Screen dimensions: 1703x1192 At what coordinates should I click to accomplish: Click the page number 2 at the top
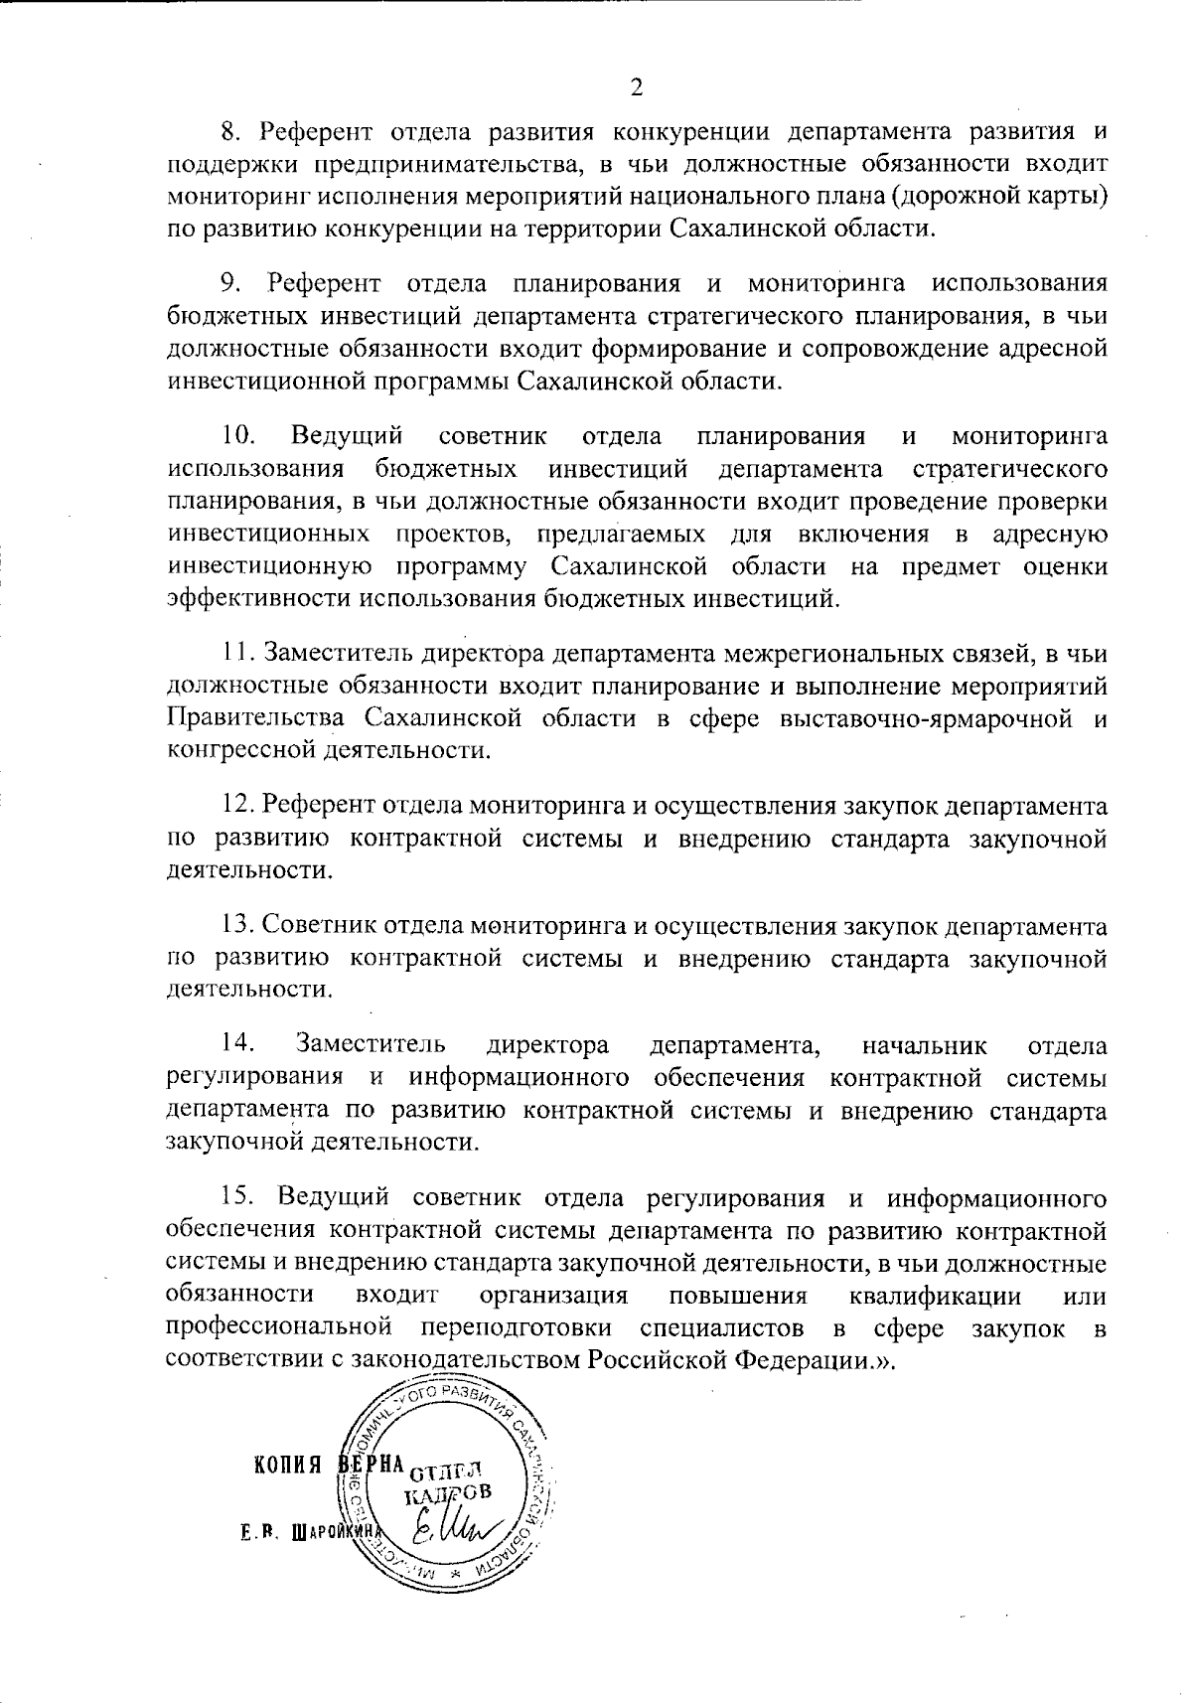(637, 87)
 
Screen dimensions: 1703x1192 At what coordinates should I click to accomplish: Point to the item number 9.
(230, 284)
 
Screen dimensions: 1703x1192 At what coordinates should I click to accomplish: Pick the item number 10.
(238, 436)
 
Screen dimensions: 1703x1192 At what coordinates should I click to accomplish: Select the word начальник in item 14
(924, 1045)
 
